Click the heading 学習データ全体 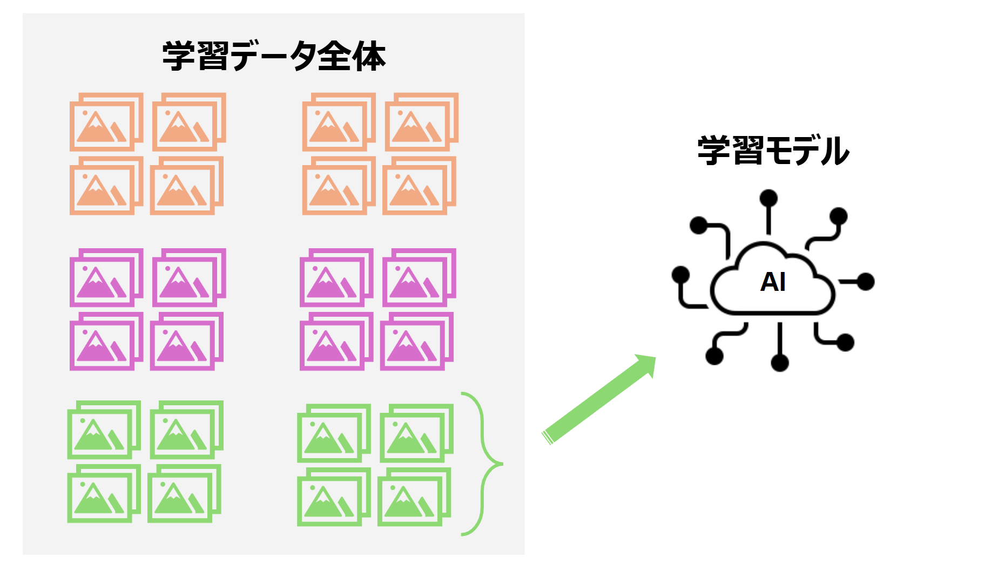[x=274, y=56]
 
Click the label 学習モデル [x=773, y=151]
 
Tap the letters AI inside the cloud [x=773, y=282]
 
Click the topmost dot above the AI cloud [x=768, y=198]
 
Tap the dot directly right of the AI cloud [x=866, y=282]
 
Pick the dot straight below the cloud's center [x=780, y=363]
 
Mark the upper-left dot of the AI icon [x=699, y=225]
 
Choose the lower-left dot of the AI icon [x=714, y=356]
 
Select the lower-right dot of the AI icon [x=845, y=342]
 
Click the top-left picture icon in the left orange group [x=106, y=122]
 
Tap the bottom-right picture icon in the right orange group [x=419, y=186]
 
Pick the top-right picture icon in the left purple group [x=189, y=277]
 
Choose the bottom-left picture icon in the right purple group [x=336, y=341]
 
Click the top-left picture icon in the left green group [x=104, y=430]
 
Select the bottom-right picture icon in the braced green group [x=414, y=497]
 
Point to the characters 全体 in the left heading [x=352, y=56]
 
